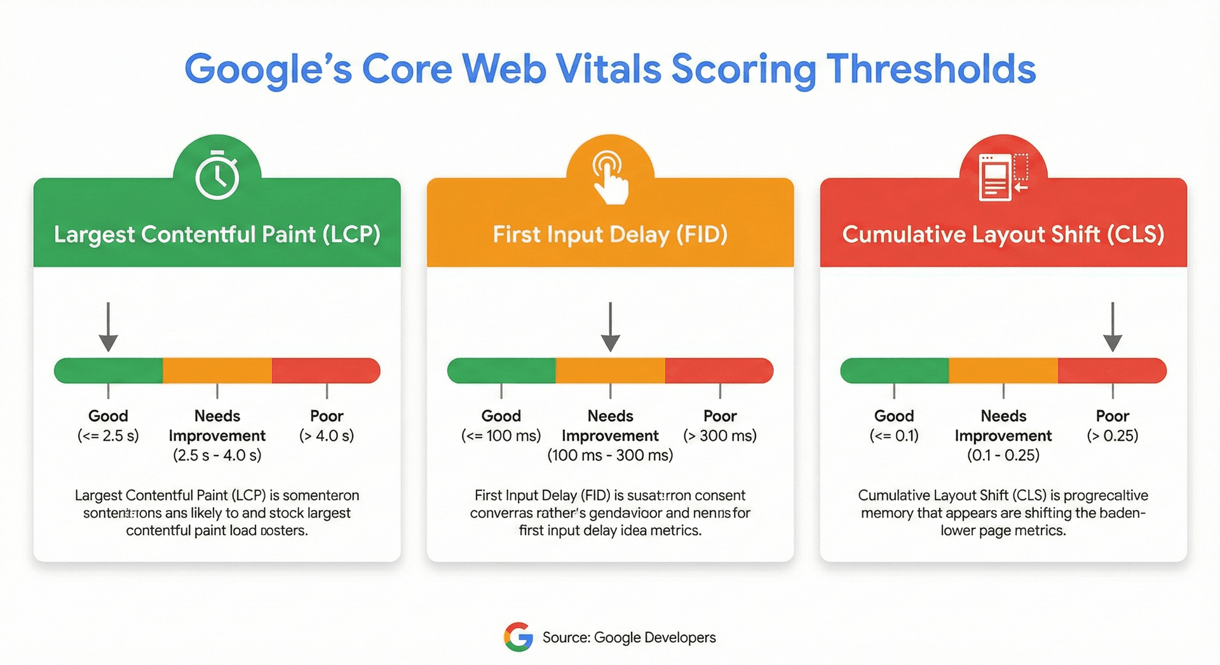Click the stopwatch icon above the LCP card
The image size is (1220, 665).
pos(217,176)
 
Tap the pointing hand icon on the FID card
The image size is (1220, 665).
pos(610,177)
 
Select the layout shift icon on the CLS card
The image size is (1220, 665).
pos(1003,177)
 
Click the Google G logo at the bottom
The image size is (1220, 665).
pos(518,637)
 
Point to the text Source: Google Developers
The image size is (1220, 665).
pos(629,638)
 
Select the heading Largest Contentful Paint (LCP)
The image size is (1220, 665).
pos(217,234)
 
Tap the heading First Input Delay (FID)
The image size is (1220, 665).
pos(610,234)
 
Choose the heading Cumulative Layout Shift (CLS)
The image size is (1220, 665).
pos(1003,234)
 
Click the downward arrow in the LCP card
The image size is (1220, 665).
pos(109,327)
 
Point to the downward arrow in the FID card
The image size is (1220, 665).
pos(610,327)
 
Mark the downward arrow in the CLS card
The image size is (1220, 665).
pos(1112,327)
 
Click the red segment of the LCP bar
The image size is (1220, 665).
pos(325,371)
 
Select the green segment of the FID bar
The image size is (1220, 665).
pos(502,371)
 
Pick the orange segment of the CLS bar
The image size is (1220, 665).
pos(1003,371)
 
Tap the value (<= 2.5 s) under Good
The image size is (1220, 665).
pos(108,436)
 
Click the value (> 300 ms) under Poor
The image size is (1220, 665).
pos(720,436)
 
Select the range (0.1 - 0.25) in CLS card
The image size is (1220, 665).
pos(1003,455)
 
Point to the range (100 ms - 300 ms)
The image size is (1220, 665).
pos(610,455)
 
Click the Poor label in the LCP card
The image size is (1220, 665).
pos(327,416)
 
